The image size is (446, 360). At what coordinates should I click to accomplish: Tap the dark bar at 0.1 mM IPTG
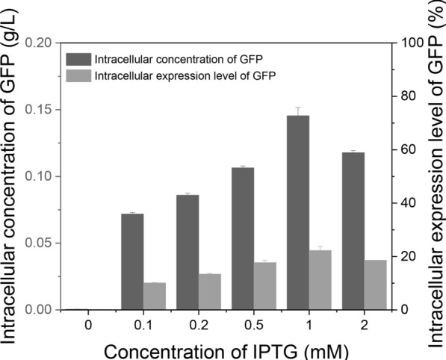tap(132, 261)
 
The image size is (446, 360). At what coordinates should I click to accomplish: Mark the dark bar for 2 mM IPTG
tap(353, 231)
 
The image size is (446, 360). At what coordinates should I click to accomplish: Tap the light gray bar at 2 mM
tap(376, 285)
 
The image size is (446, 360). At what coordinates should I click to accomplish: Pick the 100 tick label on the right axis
tap(409, 43)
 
